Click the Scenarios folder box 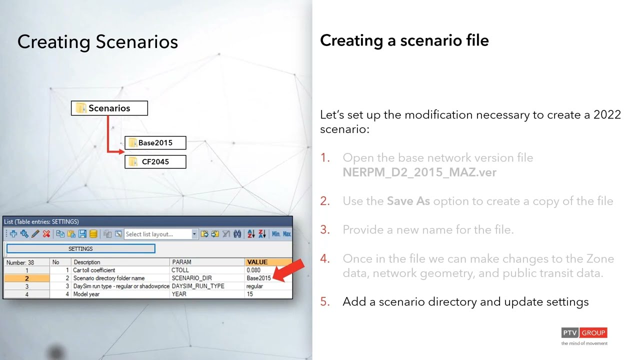(x=109, y=108)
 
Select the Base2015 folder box (x=155, y=143)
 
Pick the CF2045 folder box (x=155, y=161)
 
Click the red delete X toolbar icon (x=46, y=234)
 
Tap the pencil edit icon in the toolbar (x=35, y=234)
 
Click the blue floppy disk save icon (x=82, y=234)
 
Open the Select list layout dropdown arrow (x=194, y=234)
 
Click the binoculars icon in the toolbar (x=237, y=234)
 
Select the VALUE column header (x=268, y=262)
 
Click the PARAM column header (x=207, y=262)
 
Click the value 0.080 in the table (x=253, y=270)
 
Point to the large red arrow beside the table (x=288, y=270)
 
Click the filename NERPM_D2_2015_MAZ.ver (x=419, y=172)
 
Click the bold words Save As (x=408, y=201)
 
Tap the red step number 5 (x=325, y=301)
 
